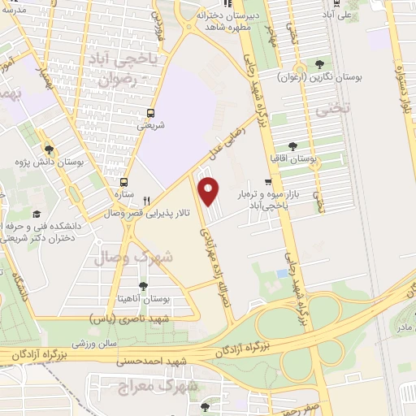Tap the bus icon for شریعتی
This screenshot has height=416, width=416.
point(150,114)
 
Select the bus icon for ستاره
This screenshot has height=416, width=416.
point(124,183)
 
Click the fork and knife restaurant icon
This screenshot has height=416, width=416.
point(146,201)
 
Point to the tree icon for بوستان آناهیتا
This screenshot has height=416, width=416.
point(144,285)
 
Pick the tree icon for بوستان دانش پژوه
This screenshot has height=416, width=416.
point(50,149)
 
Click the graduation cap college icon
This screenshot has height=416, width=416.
point(37,214)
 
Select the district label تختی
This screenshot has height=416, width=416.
point(345,106)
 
